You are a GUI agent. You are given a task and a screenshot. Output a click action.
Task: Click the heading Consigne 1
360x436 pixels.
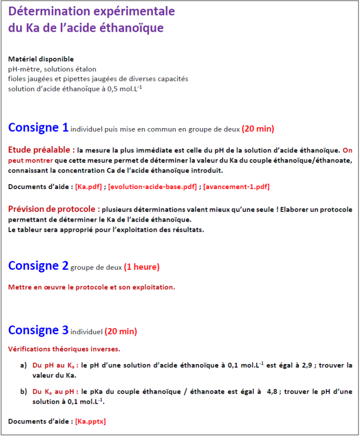[x=38, y=128]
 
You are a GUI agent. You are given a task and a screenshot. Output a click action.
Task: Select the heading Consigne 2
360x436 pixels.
[x=38, y=266]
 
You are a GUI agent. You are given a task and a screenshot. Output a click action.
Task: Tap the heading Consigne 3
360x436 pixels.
[x=38, y=330]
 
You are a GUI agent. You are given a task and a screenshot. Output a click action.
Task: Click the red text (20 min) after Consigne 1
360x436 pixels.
[x=257, y=129]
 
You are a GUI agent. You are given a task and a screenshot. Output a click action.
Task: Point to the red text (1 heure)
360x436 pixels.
[x=142, y=267]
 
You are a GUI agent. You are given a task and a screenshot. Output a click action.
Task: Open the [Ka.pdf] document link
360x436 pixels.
[x=88, y=187]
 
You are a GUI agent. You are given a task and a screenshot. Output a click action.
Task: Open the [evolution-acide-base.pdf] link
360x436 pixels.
[x=153, y=187]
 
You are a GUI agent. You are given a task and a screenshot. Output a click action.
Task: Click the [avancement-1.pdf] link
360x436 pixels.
[x=236, y=187]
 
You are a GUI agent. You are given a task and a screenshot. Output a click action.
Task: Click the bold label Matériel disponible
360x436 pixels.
[x=41, y=59]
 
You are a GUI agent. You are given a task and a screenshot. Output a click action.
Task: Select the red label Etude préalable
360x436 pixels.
[x=41, y=149]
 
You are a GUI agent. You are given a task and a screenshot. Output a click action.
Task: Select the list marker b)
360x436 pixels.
[x=23, y=391]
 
